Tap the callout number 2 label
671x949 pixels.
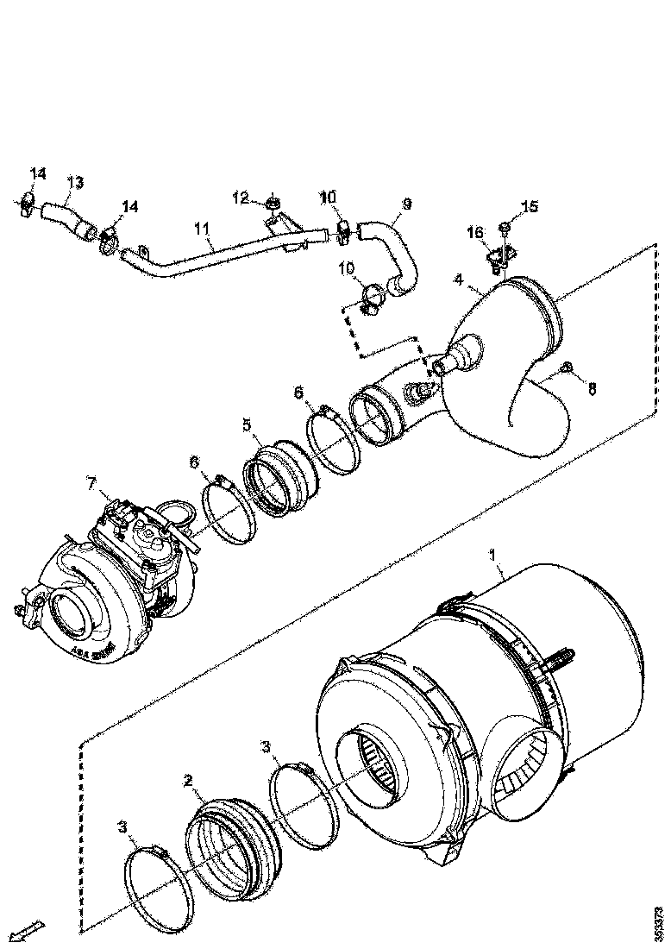[187, 782]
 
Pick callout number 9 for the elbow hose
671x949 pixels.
[406, 204]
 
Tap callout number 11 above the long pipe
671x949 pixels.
[202, 229]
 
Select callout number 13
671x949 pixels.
[75, 182]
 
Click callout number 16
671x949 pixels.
[475, 232]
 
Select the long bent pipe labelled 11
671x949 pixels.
[216, 252]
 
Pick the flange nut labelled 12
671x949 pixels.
[273, 204]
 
